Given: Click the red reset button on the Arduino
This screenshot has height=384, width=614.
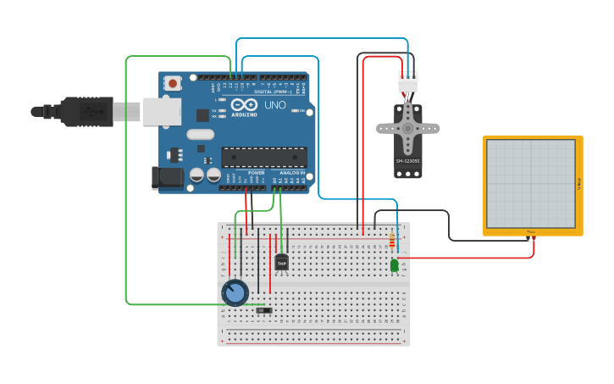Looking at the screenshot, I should [x=173, y=83].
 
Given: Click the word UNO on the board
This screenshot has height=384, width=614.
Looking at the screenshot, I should [x=274, y=105].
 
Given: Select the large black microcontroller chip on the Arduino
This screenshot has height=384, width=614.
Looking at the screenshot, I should [x=264, y=157].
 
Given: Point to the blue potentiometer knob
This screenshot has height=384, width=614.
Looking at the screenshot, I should [x=235, y=293].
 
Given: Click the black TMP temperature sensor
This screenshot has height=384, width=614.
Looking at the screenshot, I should [x=281, y=263].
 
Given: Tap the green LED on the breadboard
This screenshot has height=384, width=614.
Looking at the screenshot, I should [x=395, y=265].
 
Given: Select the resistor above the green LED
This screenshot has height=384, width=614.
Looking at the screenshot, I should [x=391, y=242].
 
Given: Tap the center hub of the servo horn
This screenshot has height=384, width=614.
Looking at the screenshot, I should [x=407, y=128].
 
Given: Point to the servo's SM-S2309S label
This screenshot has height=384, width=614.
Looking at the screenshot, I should [x=407, y=160].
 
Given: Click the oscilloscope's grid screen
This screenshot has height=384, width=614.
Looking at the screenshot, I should [x=531, y=183].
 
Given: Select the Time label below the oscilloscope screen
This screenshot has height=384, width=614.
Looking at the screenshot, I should [x=531, y=231].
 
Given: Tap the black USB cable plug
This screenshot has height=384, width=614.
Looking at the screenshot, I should [x=86, y=111].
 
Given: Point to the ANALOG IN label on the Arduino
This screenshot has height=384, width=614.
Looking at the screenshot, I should [x=291, y=172].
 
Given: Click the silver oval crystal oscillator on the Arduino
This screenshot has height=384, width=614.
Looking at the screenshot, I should [x=201, y=134].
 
